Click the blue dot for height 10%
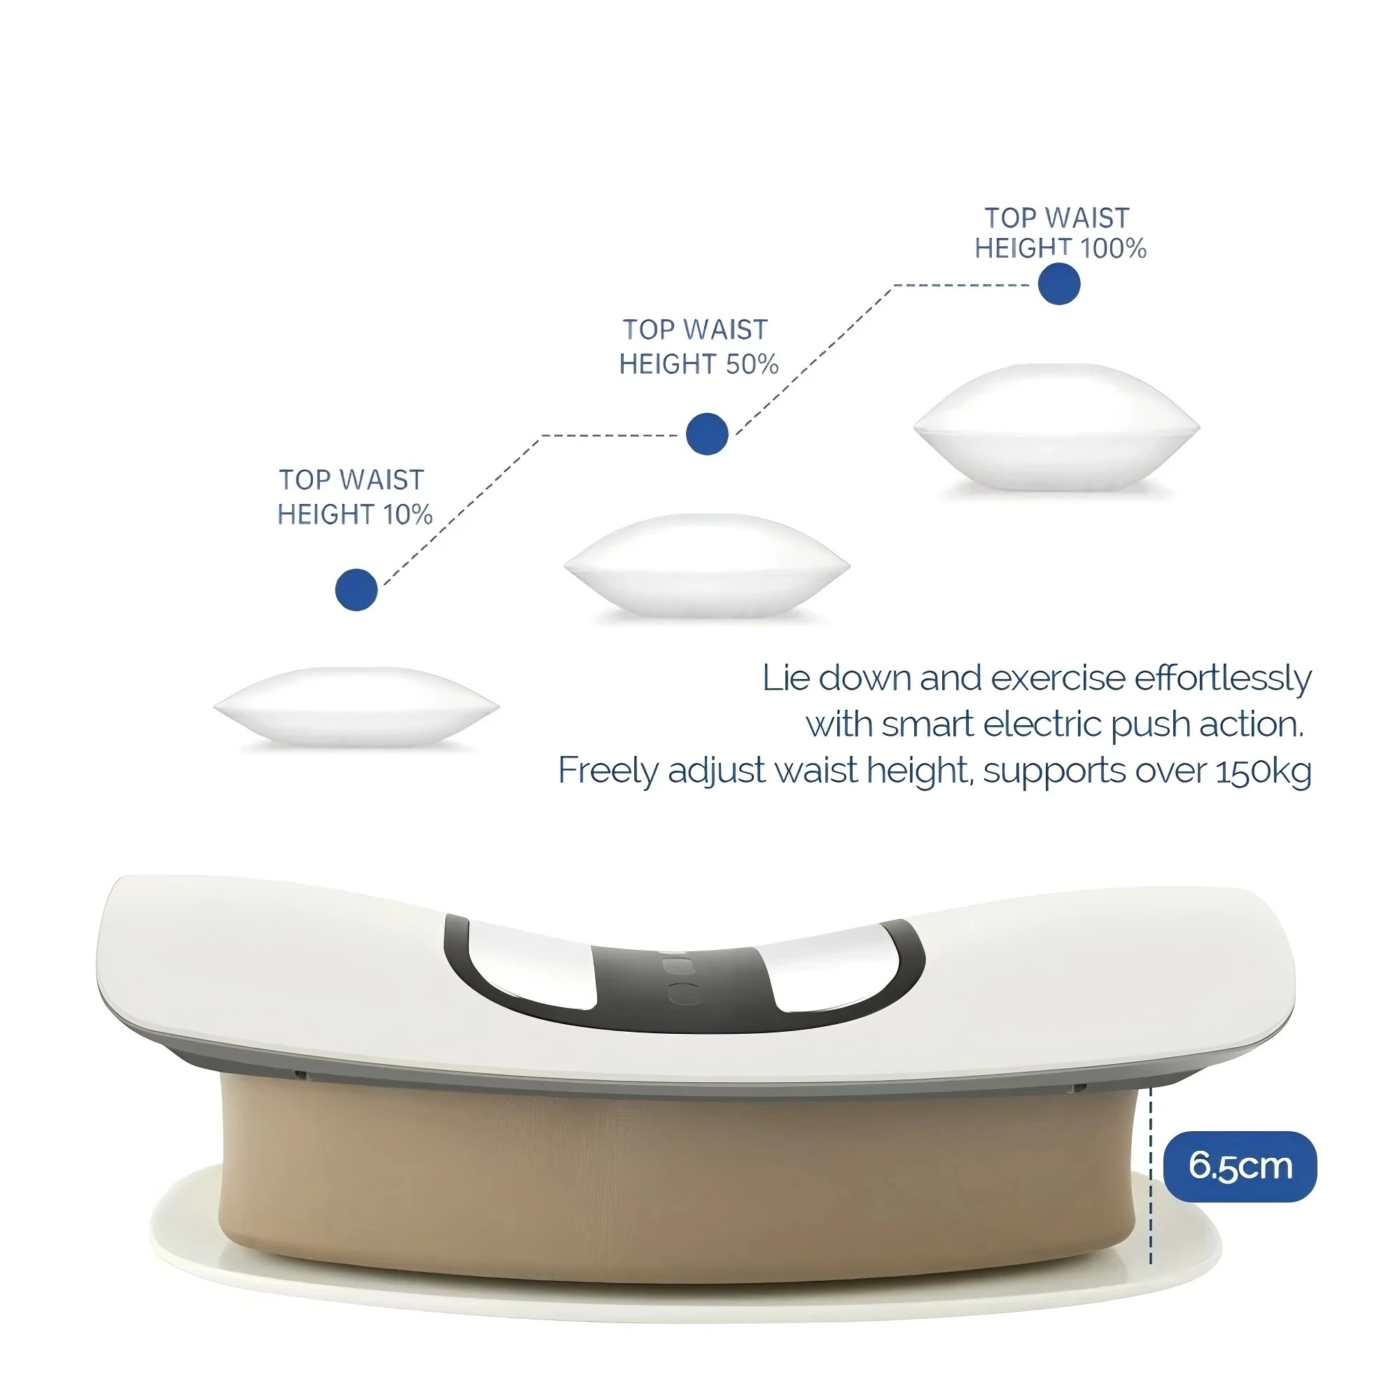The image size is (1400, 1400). [x=356, y=589]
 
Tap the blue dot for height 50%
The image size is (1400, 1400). [x=706, y=433]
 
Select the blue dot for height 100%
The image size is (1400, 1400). [x=1058, y=283]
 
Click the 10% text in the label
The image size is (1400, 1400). [x=407, y=514]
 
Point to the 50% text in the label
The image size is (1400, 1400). [x=751, y=364]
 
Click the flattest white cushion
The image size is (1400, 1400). [x=356, y=706]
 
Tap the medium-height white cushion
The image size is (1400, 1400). [x=706, y=565]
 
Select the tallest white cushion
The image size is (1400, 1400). [x=1056, y=428]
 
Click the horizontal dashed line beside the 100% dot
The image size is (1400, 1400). [x=961, y=285]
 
